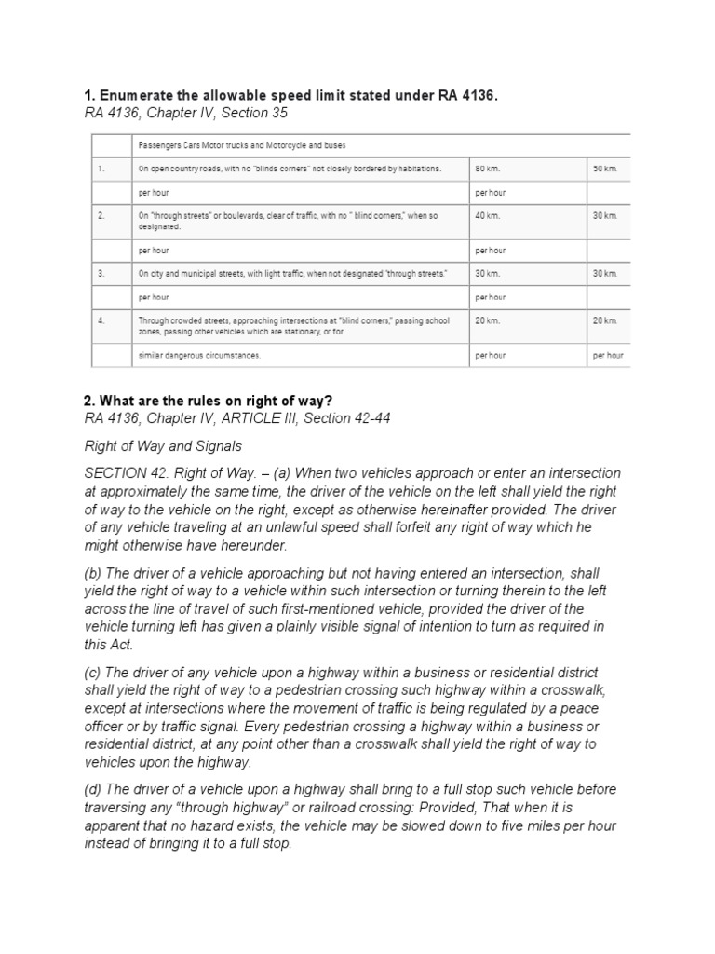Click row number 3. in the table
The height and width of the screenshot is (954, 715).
tap(101, 273)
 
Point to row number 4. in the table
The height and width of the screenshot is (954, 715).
tap(101, 320)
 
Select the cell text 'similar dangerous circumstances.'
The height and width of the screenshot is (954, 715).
tap(199, 356)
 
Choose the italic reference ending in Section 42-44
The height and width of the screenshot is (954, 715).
tap(236, 418)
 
